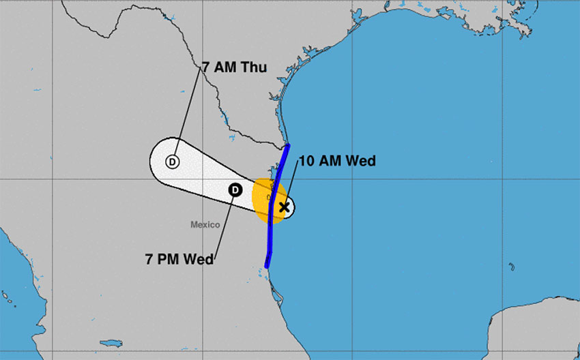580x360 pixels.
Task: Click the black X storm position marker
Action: pos(285,207)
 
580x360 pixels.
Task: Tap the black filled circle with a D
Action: pos(234,190)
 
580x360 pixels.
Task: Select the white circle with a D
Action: pos(172,162)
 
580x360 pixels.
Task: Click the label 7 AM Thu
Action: pos(233,67)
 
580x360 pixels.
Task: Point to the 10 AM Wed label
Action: pos(337,161)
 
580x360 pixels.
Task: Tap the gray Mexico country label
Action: pos(205,224)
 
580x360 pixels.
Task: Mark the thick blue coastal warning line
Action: pos(272,225)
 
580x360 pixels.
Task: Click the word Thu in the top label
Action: pos(253,67)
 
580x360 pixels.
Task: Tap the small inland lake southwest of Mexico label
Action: pos(109,343)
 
